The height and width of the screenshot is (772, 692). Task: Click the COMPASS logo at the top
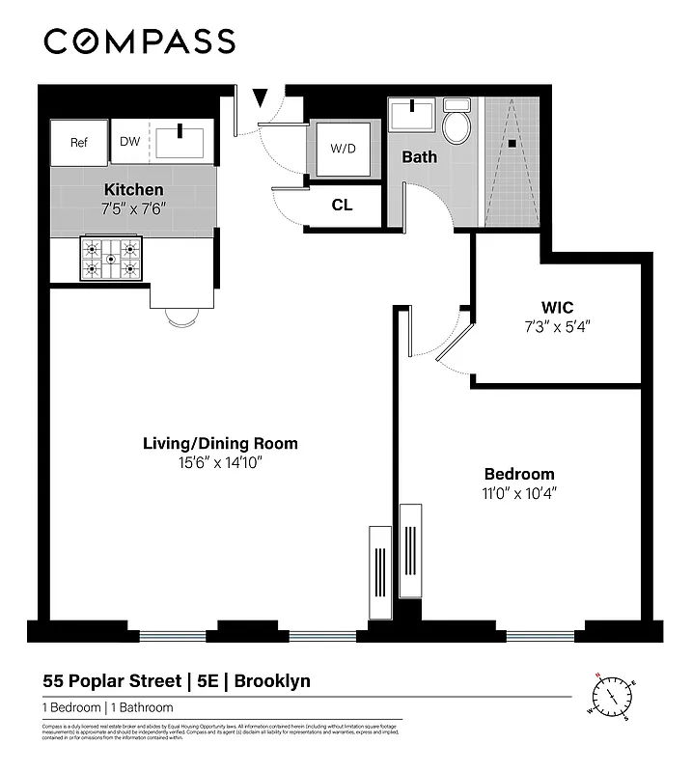click(139, 41)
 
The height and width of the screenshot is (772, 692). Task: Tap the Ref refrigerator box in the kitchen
click(79, 142)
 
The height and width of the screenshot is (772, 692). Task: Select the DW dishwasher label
click(129, 142)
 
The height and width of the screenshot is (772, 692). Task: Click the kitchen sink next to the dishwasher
click(180, 140)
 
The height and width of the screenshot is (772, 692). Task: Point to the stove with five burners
click(111, 259)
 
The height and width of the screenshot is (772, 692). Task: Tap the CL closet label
click(342, 206)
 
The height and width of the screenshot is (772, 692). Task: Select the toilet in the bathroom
click(456, 124)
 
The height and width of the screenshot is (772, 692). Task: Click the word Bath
click(420, 156)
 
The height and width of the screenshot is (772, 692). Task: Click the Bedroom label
click(519, 474)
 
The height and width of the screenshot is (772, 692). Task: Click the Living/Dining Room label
click(220, 444)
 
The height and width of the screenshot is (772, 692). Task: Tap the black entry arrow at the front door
click(261, 98)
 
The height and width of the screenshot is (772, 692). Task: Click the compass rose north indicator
click(599, 675)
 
